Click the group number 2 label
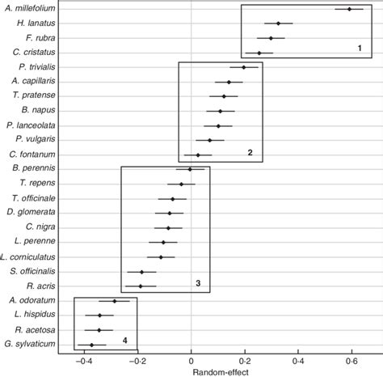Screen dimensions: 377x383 (250, 152)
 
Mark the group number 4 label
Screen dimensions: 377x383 (124, 340)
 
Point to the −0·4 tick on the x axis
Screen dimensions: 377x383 (84, 361)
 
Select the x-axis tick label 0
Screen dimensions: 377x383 (191, 361)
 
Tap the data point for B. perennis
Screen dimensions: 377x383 (190, 169)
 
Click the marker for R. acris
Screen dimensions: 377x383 (141, 286)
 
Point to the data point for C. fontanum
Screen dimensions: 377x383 (197, 155)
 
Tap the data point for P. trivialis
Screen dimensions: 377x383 (243, 67)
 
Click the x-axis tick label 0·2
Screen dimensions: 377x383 (244, 361)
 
